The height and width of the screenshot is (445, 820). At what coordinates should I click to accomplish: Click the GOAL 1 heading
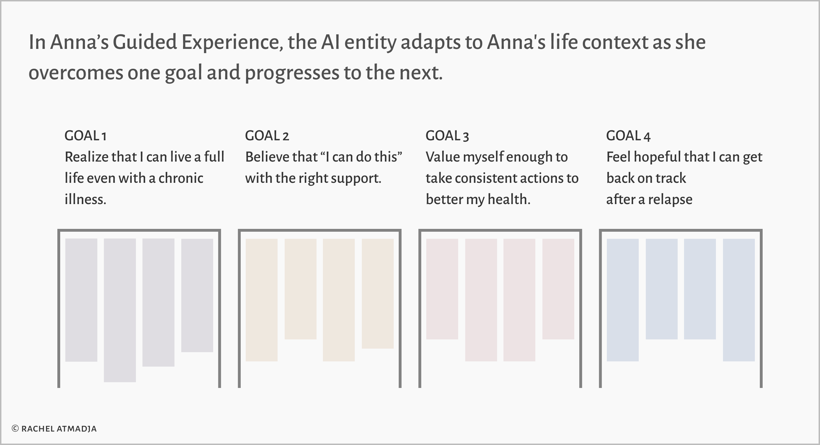click(x=85, y=136)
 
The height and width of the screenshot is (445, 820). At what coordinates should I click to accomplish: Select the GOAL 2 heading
click(x=267, y=136)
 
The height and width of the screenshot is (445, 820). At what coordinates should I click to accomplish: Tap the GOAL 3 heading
click(x=447, y=136)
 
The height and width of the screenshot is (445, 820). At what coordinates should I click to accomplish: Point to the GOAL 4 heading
click(x=628, y=136)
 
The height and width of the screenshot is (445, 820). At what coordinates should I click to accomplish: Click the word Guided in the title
click(x=145, y=42)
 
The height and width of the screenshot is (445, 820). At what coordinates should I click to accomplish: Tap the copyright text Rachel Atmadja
click(x=54, y=429)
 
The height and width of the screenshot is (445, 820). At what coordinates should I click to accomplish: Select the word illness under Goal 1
click(x=85, y=199)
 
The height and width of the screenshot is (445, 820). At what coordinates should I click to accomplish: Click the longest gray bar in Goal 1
click(x=120, y=310)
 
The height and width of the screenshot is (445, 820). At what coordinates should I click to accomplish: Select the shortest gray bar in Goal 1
click(x=197, y=295)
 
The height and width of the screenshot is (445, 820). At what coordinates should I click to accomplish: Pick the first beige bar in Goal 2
click(x=262, y=300)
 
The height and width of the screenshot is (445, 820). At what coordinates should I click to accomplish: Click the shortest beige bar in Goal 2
click(x=301, y=289)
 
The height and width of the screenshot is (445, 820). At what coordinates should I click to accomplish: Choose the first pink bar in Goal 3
click(x=442, y=289)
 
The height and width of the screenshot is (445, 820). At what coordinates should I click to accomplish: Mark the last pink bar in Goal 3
click(x=558, y=289)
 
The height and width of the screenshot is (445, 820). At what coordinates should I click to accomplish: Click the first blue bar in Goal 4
click(x=623, y=300)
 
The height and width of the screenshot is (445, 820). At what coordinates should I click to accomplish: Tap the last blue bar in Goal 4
click(x=739, y=300)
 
